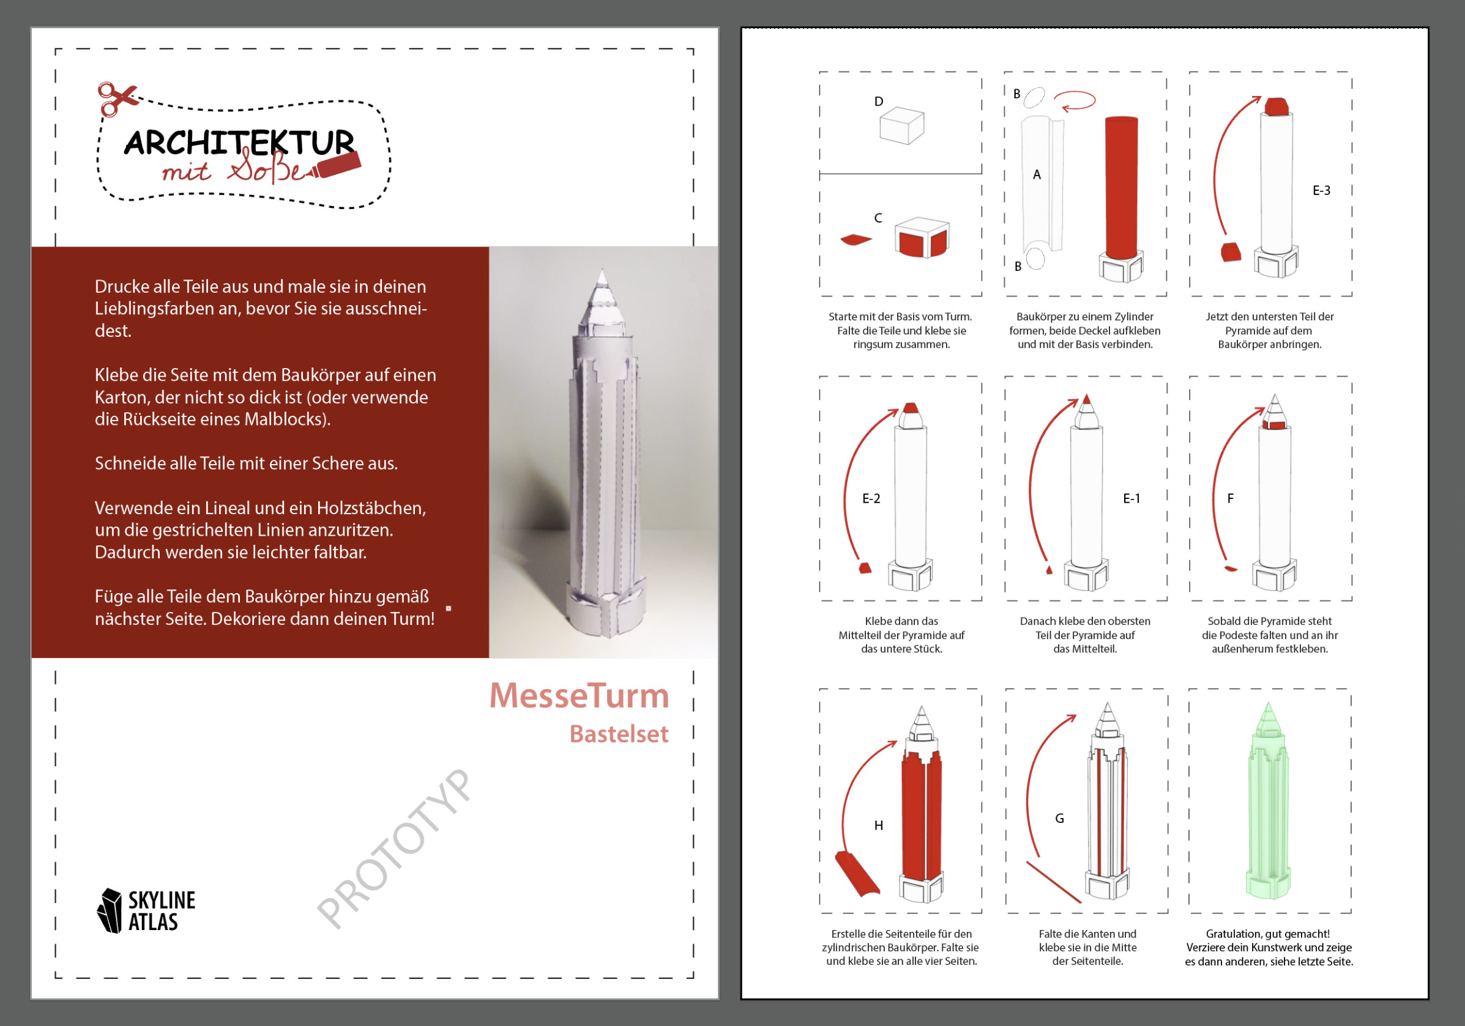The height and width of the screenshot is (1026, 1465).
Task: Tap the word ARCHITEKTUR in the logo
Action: click(239, 143)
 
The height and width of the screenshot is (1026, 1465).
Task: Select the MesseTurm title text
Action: click(579, 695)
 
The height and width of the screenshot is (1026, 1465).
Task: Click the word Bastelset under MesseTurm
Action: click(619, 734)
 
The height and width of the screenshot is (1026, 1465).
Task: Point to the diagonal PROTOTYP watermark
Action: click(394, 849)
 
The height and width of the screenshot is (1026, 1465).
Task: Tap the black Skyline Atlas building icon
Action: click(109, 910)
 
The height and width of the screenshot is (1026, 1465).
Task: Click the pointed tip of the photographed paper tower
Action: click(602, 270)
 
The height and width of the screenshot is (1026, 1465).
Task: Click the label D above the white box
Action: click(879, 101)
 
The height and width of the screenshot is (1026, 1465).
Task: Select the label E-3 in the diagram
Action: click(1321, 191)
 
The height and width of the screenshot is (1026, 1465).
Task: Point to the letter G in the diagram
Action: click(1059, 819)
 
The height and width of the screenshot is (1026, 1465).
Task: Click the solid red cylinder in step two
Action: click(1121, 188)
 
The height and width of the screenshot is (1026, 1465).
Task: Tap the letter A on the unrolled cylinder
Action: click(1037, 175)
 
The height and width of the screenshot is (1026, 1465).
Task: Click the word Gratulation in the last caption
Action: click(1232, 934)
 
